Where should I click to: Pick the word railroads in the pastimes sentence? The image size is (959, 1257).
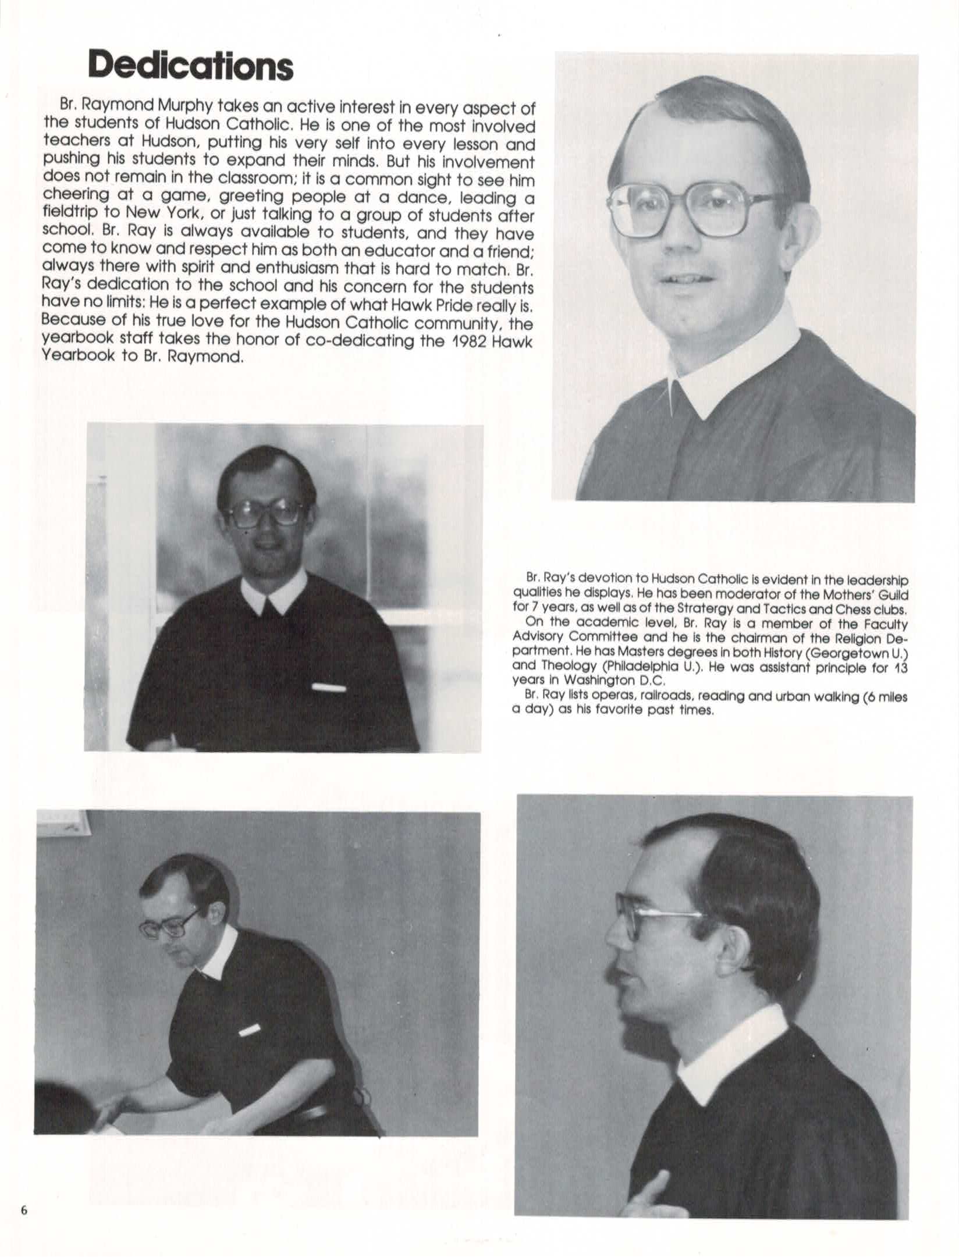[x=660, y=696]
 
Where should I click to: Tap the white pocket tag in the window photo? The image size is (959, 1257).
[x=329, y=688]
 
